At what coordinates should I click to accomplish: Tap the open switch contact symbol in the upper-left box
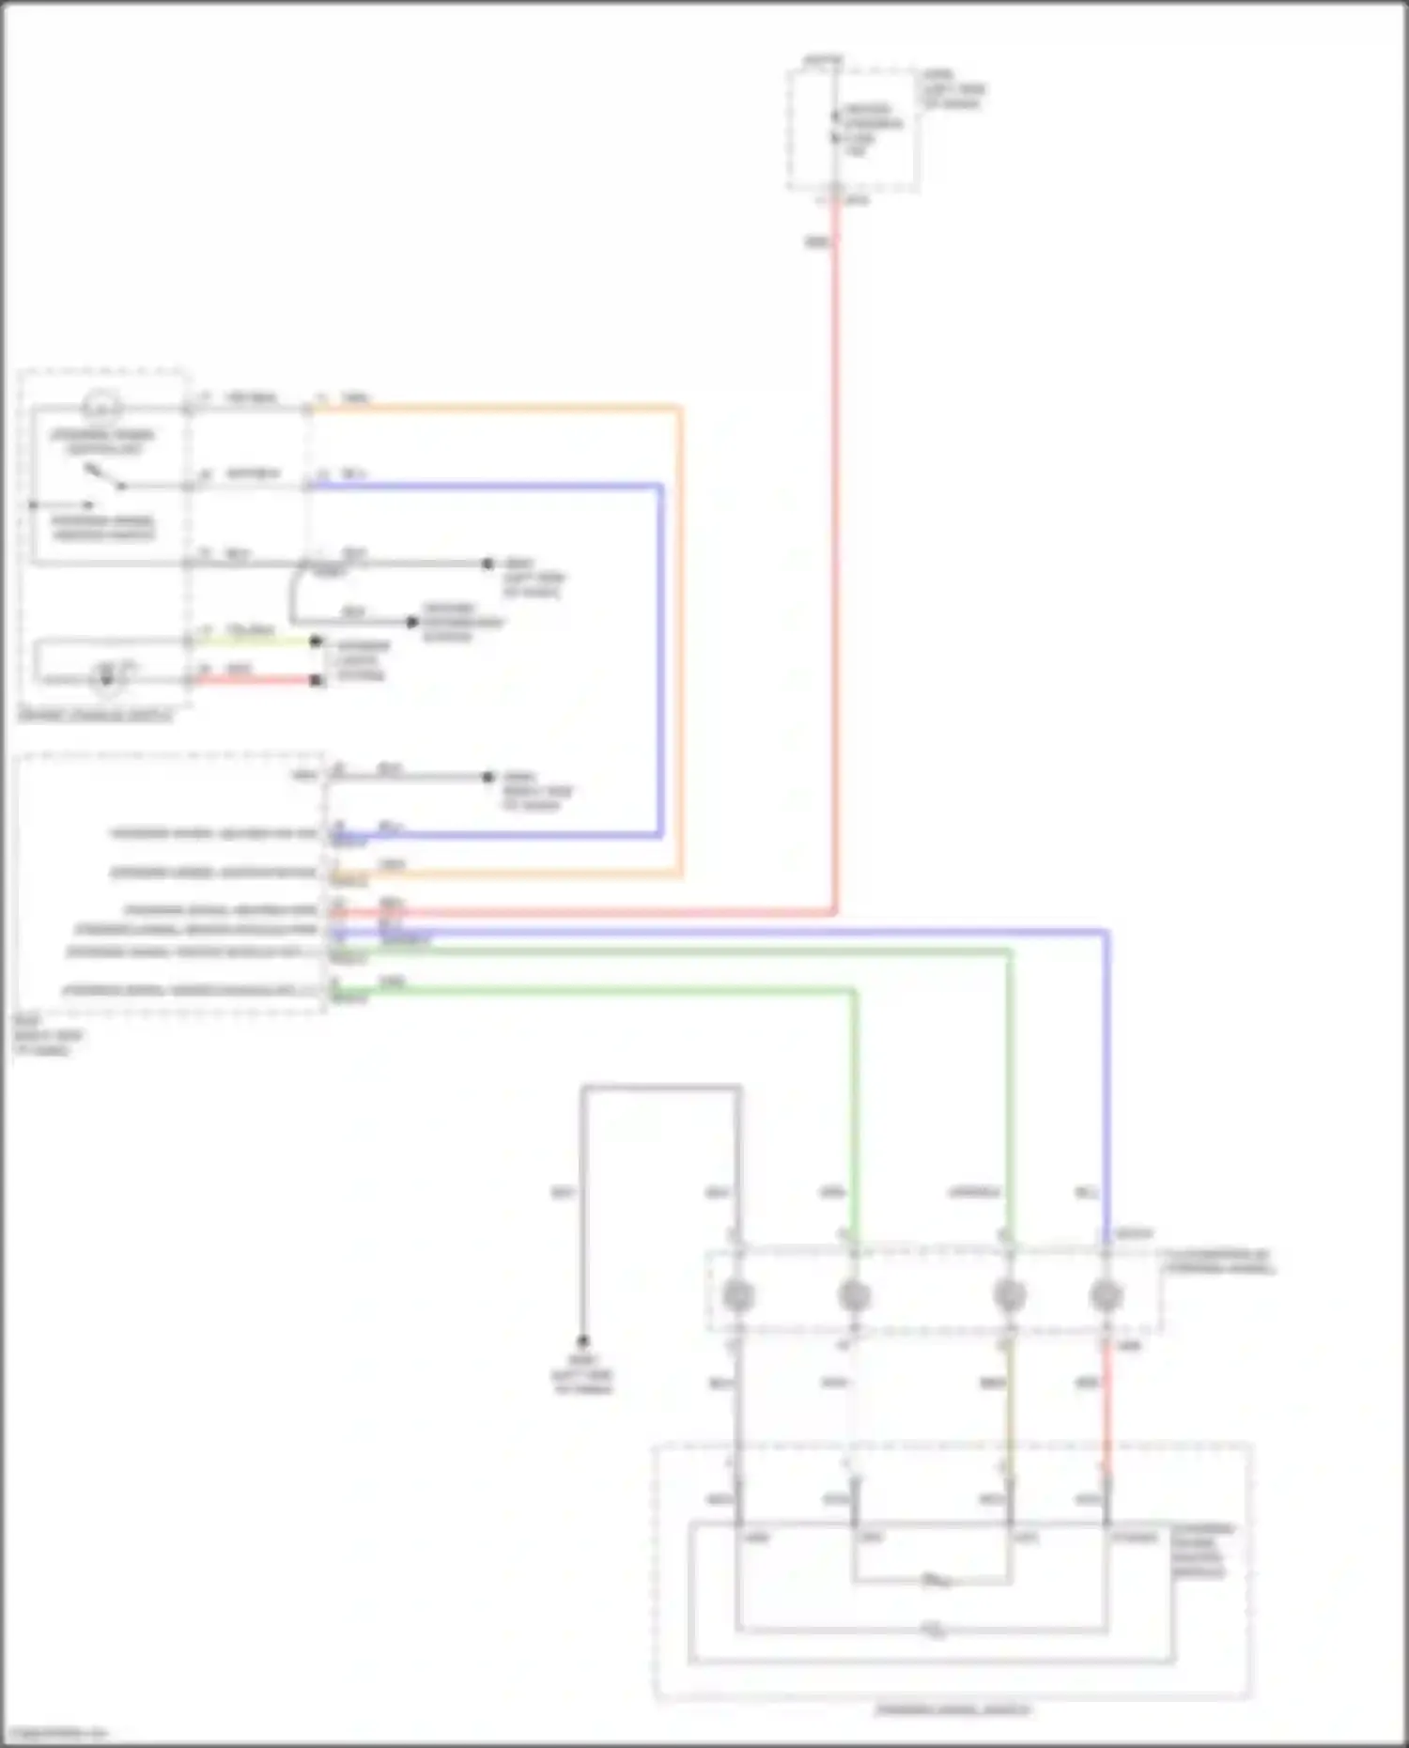[x=105, y=476]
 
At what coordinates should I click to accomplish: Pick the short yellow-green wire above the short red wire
[x=254, y=642]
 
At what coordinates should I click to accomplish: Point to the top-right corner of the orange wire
[x=679, y=409]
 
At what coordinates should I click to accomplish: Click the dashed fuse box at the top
[x=853, y=130]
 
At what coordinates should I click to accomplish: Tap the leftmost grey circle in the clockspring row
[x=738, y=1296]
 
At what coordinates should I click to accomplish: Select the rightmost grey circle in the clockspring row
[x=1107, y=1296]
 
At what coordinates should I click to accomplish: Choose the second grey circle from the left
[x=853, y=1296]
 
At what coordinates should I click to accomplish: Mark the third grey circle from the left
[x=1009, y=1296]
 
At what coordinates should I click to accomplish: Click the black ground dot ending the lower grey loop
[x=582, y=1340]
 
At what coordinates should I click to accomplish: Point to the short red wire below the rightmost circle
[x=1107, y=1409]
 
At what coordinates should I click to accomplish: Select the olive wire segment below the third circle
[x=1009, y=1409]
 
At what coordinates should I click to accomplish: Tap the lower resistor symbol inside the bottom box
[x=932, y=1630]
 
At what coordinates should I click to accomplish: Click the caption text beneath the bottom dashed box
[x=952, y=1709]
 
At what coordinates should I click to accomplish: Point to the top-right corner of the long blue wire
[x=1107, y=933]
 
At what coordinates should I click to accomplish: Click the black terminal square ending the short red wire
[x=317, y=680]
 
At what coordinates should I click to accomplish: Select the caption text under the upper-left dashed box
[x=95, y=717]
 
